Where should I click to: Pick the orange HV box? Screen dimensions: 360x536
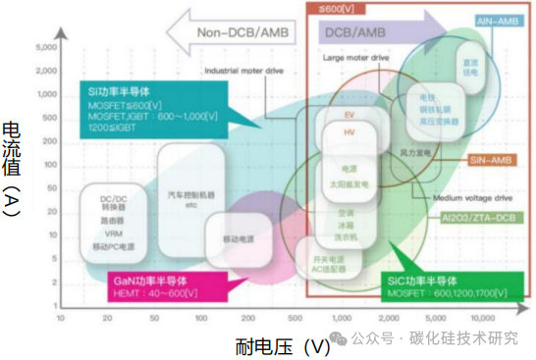coord(349,130)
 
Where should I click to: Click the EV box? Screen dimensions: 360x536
coord(349,115)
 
